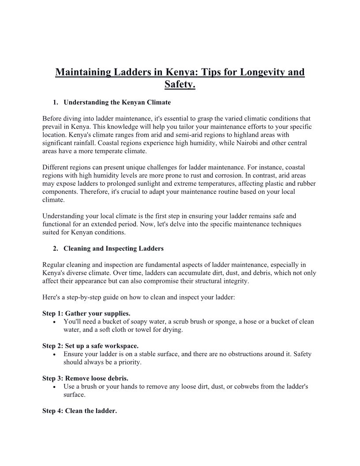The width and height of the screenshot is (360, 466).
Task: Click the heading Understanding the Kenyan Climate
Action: point(117,102)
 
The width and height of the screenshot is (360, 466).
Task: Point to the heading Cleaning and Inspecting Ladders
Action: point(113,248)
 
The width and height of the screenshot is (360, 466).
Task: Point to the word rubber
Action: point(306,184)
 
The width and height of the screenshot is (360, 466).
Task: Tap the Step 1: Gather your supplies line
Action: point(86,313)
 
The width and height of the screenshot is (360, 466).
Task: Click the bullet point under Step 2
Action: point(54,354)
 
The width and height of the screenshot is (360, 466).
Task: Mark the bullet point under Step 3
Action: point(54,387)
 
